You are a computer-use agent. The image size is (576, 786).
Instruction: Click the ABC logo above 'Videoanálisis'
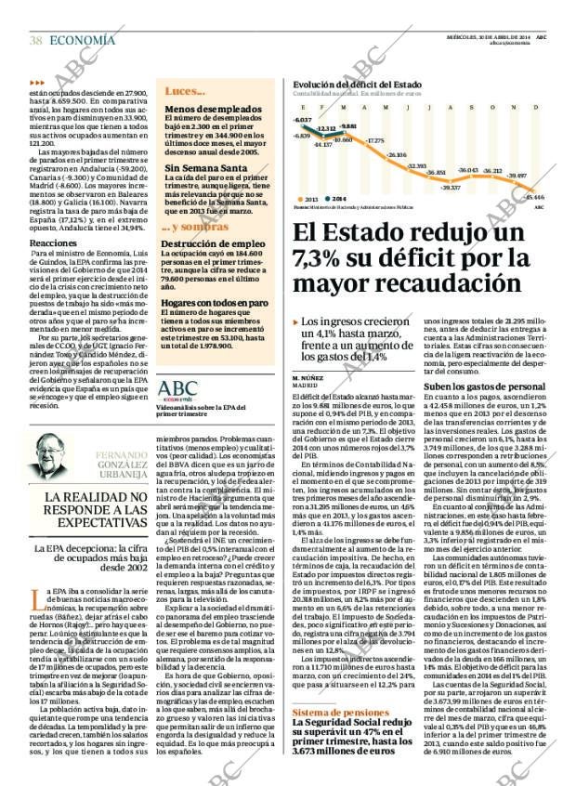[x=178, y=390]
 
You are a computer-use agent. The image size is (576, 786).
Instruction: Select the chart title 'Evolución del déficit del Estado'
[x=356, y=85]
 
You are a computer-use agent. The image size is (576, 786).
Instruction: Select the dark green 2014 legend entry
[x=335, y=199]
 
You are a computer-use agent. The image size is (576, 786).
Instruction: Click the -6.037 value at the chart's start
[x=303, y=121]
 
